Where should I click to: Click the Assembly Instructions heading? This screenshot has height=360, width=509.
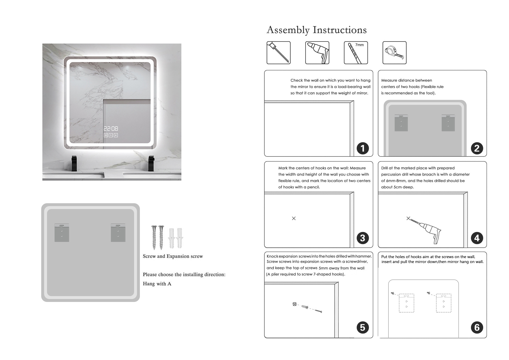point(316,30)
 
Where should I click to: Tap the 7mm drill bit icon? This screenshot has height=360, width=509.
point(356,53)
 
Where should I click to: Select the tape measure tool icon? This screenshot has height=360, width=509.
point(394,53)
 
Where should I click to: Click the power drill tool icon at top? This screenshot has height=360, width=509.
point(317,53)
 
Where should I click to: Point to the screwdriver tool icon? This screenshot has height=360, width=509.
point(279,53)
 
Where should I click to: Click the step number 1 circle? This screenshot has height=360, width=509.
point(362,148)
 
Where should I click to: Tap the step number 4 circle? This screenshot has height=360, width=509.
point(477,238)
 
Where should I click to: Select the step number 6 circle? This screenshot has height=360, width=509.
point(477,327)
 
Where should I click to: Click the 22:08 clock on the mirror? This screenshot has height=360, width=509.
point(111,129)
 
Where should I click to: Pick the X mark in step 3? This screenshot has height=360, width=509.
point(294,218)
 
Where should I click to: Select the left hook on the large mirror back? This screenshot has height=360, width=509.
point(62,233)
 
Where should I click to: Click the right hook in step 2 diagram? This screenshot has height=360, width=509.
point(448,123)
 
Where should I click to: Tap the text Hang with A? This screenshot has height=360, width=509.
point(157,284)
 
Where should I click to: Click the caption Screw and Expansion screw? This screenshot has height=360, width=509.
point(173,256)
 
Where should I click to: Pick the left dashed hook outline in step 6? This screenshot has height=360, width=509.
point(406,303)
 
